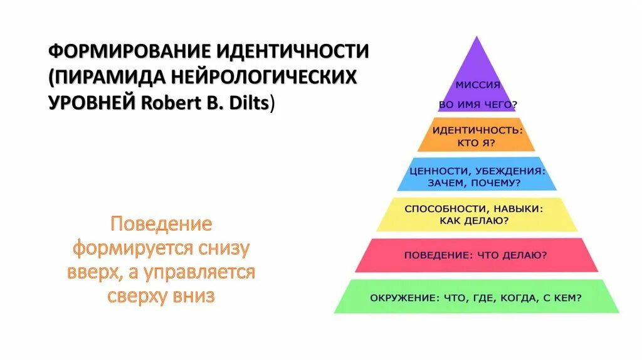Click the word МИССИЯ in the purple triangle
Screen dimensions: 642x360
[x=477, y=86]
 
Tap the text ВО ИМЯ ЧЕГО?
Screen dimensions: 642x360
[x=478, y=105]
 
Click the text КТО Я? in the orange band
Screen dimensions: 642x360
[x=477, y=143]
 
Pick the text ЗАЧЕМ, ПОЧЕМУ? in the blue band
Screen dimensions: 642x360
[x=476, y=183]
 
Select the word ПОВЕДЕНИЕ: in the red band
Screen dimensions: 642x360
[x=434, y=255]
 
